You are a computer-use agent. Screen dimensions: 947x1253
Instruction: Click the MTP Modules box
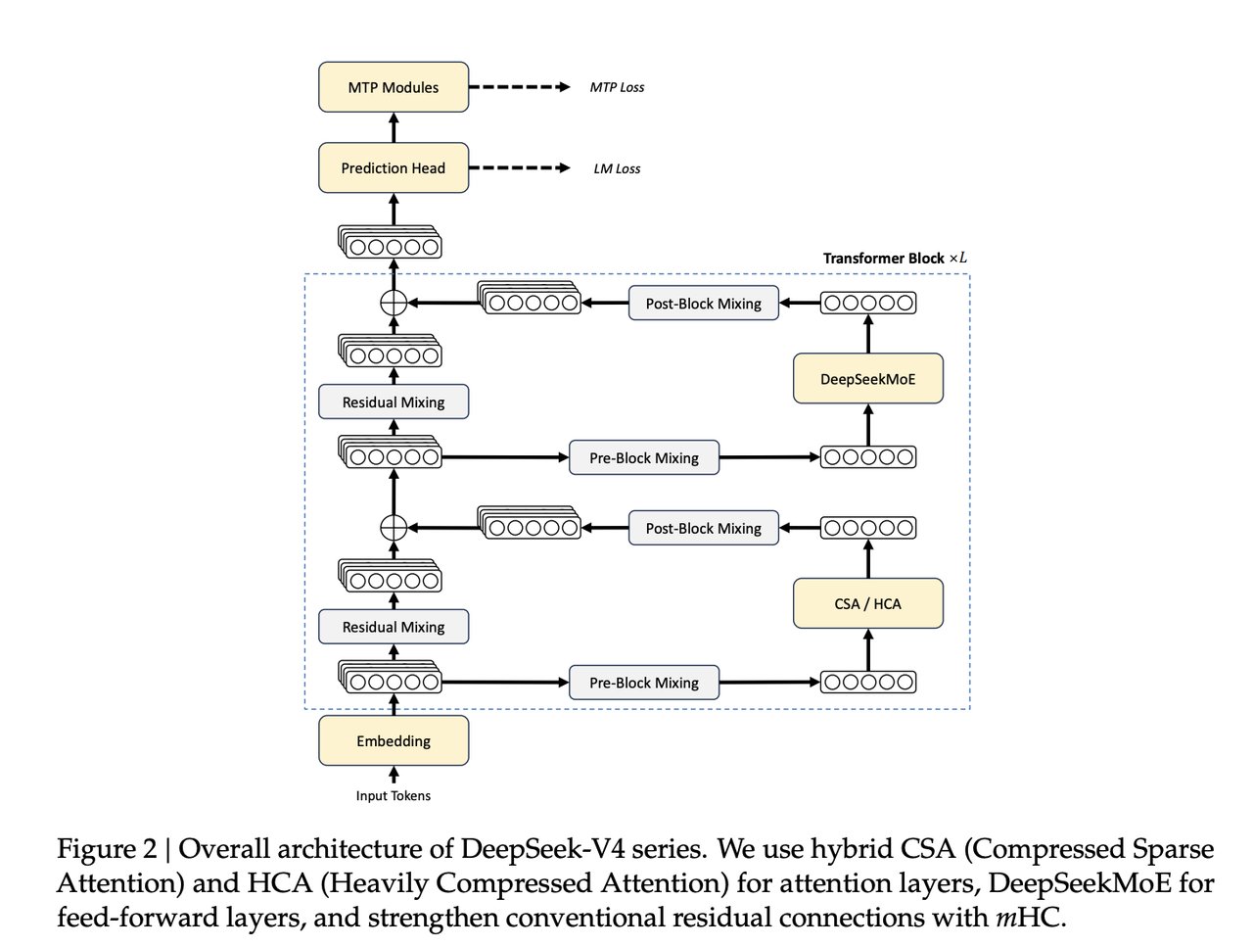(394, 87)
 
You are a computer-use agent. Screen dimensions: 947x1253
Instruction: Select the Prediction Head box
(394, 168)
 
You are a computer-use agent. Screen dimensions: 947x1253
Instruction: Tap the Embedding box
(394, 741)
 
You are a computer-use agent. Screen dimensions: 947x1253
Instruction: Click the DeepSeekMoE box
(867, 379)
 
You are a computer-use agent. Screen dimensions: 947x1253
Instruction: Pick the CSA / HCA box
(867, 603)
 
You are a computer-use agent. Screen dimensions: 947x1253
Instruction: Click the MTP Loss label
(617, 87)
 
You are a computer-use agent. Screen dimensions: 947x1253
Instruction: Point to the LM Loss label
(617, 168)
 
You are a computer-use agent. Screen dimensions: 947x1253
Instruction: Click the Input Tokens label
(394, 796)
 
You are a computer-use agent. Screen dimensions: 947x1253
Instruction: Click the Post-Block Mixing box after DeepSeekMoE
(703, 304)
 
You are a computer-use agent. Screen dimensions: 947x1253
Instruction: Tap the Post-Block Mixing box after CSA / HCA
(703, 528)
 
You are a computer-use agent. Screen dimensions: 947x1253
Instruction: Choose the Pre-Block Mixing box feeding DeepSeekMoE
(644, 457)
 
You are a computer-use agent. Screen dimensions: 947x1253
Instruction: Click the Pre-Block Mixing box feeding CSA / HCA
(644, 683)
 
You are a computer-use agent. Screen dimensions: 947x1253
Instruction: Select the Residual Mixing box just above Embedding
(394, 627)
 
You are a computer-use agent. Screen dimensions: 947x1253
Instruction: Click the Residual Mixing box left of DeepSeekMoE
(394, 402)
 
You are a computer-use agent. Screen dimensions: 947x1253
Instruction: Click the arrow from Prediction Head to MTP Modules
(394, 127)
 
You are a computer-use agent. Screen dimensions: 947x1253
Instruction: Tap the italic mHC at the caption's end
(1027, 919)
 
